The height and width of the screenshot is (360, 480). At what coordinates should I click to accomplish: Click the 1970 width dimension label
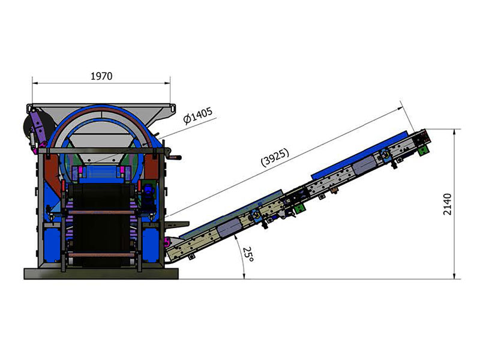click(x=101, y=76)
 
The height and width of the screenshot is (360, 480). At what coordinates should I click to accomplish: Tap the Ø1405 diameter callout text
click(x=198, y=115)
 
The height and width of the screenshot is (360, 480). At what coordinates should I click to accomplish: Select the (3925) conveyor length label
click(x=275, y=157)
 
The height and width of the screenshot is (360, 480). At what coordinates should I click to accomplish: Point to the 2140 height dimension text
click(x=447, y=204)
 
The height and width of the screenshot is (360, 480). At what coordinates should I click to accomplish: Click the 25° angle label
click(x=248, y=254)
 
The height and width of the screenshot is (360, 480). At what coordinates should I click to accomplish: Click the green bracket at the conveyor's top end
click(x=423, y=151)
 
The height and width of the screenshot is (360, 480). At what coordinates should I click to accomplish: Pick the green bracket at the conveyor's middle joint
click(x=299, y=209)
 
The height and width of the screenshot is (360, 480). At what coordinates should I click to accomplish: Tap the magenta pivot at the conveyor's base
click(x=167, y=242)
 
